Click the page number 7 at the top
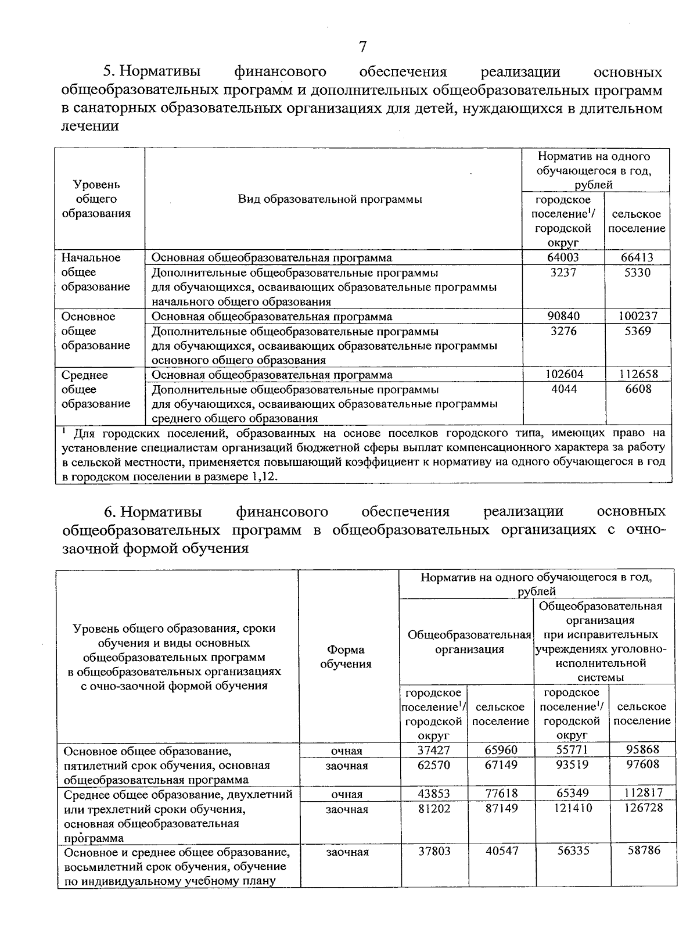362,47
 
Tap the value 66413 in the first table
637,257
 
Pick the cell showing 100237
637,316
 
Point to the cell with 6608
638,389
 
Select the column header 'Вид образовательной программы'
330,199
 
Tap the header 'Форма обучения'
346,657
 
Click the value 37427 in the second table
434,750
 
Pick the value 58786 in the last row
644,850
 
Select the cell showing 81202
434,808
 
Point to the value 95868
643,749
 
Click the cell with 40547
501,850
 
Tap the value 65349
572,793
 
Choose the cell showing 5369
638,331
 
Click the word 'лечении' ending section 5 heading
90,126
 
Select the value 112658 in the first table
637,375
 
